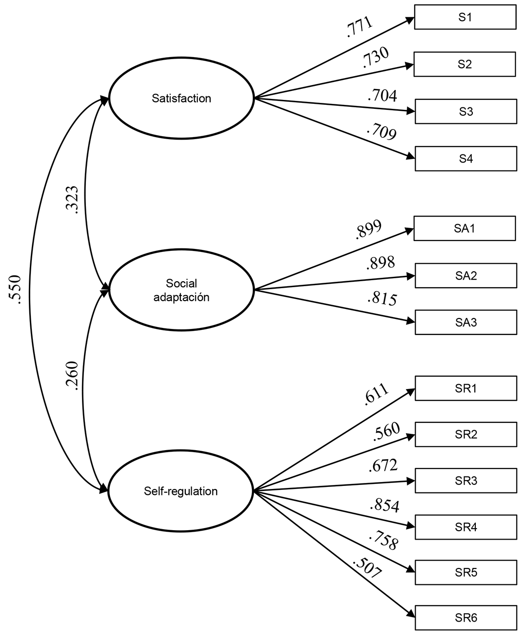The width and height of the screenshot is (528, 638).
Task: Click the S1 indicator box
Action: click(465, 17)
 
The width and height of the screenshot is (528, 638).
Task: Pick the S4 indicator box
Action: click(466, 159)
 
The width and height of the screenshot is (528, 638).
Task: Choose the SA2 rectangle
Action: click(466, 276)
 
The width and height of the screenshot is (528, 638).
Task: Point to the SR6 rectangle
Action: click(466, 618)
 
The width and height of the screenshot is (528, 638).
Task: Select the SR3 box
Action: click(466, 480)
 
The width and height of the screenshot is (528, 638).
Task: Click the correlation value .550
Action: click(15, 290)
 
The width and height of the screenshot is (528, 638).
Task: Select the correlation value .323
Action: click(72, 200)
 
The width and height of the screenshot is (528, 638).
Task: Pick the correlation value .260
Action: click(72, 376)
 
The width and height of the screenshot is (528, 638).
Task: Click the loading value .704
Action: click(382, 95)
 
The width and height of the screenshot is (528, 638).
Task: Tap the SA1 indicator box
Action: click(464, 229)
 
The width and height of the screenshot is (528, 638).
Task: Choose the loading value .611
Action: click(376, 395)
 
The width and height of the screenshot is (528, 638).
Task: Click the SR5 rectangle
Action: click(466, 572)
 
